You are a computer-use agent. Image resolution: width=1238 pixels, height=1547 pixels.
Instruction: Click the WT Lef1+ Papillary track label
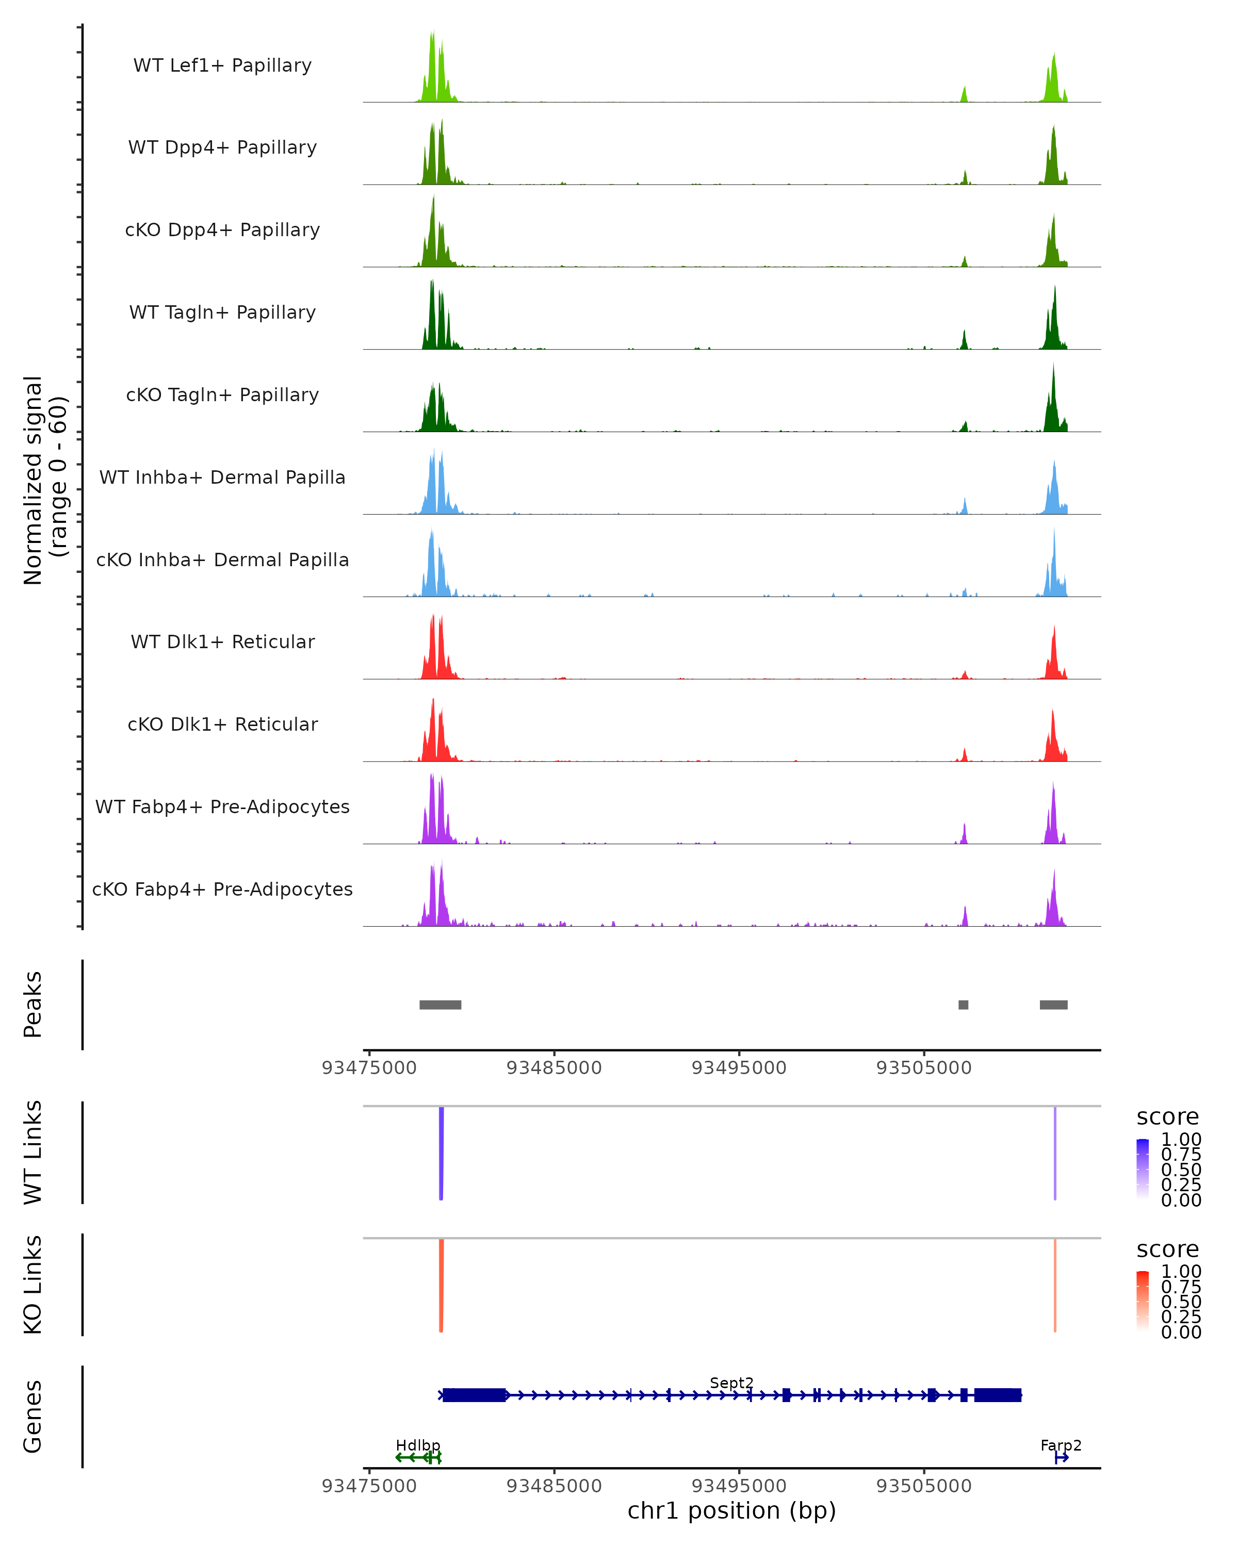(x=222, y=65)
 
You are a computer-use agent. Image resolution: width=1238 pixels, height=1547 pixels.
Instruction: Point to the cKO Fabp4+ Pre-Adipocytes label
(x=222, y=889)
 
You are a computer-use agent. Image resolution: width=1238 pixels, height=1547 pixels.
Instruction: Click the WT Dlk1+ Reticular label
(x=222, y=641)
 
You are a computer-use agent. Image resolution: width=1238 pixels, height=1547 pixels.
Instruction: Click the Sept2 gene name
(x=731, y=1383)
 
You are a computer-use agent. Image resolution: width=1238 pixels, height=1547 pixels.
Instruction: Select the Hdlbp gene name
(x=418, y=1445)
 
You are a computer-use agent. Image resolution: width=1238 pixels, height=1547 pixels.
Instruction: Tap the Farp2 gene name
(x=1061, y=1445)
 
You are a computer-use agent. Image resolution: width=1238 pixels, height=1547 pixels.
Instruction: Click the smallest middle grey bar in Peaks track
(x=963, y=1005)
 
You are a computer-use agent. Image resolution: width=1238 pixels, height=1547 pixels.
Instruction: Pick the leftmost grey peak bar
(x=440, y=1005)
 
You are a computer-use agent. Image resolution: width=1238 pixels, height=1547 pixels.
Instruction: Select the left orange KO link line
(x=441, y=1285)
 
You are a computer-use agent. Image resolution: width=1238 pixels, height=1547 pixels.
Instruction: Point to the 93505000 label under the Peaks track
(x=924, y=1068)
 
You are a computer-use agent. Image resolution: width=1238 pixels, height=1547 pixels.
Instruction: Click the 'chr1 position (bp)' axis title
(x=731, y=1510)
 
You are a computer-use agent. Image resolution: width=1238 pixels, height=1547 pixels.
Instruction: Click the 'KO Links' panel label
(x=33, y=1285)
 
